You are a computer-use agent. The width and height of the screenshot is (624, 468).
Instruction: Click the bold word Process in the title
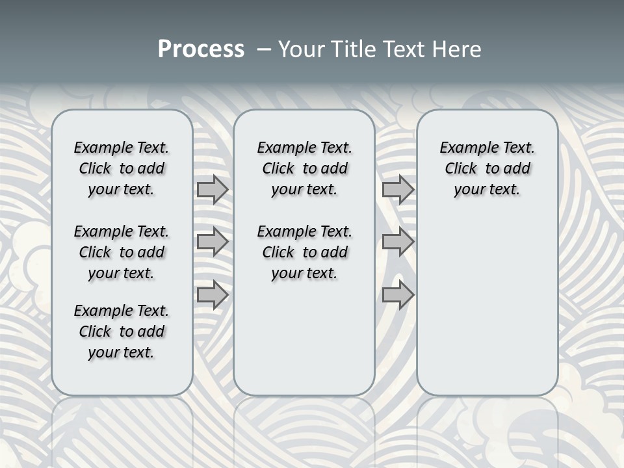pos(201,49)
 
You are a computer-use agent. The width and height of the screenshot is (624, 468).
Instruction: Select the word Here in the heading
pos(458,49)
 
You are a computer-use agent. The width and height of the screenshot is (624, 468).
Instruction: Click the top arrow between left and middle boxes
pos(213,189)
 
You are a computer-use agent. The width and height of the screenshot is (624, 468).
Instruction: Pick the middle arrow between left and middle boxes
pos(213,242)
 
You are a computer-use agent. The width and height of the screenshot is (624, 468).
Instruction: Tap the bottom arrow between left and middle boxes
pos(213,295)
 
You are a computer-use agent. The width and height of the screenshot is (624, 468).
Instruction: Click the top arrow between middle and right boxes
pos(398,189)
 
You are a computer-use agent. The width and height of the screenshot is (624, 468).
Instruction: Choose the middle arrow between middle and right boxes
pos(398,242)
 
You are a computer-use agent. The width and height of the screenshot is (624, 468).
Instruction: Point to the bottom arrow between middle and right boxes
pos(398,295)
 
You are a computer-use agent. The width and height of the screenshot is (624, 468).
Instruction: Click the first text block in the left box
pos(122,168)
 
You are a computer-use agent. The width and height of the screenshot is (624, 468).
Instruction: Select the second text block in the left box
pos(122,252)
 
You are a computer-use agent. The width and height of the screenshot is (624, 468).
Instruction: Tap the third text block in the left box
pos(122,331)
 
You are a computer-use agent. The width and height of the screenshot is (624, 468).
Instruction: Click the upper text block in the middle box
pos(304,168)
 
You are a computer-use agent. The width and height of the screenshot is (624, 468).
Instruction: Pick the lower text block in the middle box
pos(304,252)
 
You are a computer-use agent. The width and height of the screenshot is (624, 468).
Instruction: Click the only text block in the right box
pos(487,168)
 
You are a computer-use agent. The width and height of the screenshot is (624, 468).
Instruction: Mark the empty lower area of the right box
pos(487,299)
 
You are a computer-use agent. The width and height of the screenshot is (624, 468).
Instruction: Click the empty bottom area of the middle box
pos(304,344)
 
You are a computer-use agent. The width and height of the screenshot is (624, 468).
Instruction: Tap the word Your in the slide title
pos(300,49)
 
